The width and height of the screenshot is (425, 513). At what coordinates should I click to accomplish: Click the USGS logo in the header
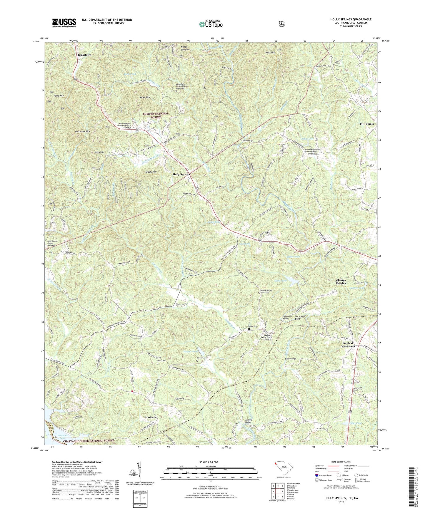(64, 22)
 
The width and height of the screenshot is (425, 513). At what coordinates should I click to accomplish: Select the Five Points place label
(366, 124)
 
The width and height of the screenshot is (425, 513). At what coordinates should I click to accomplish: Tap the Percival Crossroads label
(347, 345)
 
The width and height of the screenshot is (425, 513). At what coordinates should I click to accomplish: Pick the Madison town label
(150, 418)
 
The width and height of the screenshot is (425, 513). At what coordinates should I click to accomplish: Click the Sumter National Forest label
(156, 115)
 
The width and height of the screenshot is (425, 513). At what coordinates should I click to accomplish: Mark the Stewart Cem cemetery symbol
(197, 361)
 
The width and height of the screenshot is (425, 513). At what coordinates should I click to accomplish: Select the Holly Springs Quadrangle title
(347, 19)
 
